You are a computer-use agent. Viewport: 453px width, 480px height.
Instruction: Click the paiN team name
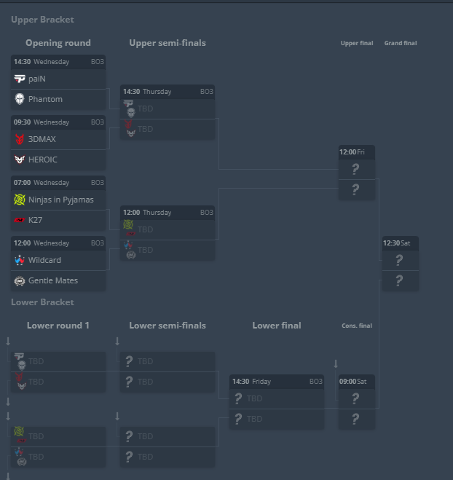pos(36,79)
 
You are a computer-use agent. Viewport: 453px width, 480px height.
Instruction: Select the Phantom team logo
pos(20,99)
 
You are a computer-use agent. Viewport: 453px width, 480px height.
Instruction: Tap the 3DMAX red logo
pos(20,139)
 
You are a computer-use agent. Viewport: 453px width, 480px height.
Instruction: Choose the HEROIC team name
pos(42,160)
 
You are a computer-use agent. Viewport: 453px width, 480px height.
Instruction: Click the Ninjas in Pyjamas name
pos(61,200)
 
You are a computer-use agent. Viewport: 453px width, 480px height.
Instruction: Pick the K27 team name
pos(35,220)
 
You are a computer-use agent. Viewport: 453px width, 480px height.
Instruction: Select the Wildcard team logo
pos(20,260)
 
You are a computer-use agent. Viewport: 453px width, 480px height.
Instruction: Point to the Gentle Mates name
pos(53,280)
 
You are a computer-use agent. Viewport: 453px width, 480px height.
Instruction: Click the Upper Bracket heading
pos(42,20)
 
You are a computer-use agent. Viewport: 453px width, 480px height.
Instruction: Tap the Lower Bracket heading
pos(42,302)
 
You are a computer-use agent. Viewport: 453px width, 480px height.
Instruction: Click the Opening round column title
pos(58,43)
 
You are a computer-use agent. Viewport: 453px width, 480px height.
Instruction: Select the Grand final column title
pos(401,43)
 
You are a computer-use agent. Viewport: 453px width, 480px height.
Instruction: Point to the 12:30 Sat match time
pos(396,243)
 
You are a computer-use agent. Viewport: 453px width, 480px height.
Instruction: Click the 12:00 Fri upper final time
pos(352,152)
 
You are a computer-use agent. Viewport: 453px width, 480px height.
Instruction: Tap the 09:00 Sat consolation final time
pos(352,382)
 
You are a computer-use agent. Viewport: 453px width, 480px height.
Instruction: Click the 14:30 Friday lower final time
pos(251,382)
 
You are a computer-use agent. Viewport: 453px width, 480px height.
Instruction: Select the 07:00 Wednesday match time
pos(42,183)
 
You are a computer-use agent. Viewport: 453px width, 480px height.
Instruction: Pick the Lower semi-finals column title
pos(168,326)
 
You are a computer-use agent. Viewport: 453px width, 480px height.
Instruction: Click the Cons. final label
pos(357,326)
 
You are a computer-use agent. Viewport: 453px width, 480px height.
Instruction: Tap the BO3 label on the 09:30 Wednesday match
pos(98,122)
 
